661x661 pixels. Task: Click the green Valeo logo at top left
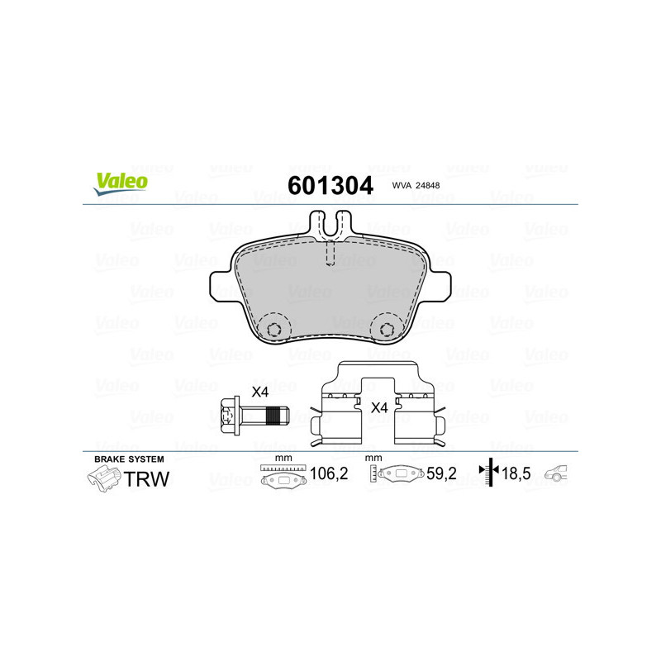click(120, 183)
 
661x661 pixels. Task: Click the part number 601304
click(330, 184)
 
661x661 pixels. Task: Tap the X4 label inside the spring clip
click(379, 407)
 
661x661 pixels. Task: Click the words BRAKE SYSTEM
click(129, 459)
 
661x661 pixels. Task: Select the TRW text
click(146, 478)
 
